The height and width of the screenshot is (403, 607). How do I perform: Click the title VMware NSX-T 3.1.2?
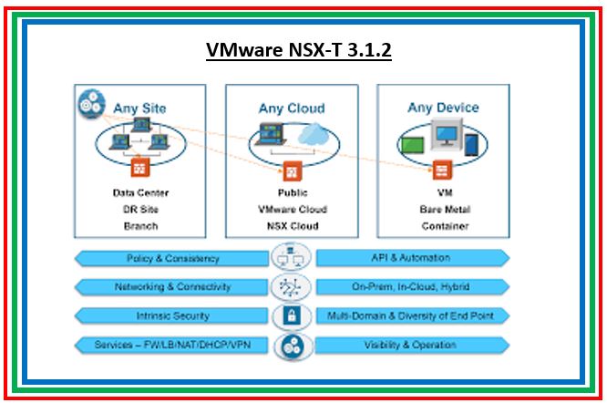tap(299, 51)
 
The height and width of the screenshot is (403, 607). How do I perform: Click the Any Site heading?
tap(140, 108)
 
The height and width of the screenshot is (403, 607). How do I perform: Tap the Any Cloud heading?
tap(292, 108)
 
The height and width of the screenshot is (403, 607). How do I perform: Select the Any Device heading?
tap(443, 108)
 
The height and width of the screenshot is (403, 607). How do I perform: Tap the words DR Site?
tap(140, 210)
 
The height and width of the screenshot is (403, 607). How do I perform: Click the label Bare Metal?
tap(444, 210)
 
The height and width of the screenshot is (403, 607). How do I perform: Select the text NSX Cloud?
tap(292, 226)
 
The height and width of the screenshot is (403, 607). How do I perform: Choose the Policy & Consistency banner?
tap(173, 259)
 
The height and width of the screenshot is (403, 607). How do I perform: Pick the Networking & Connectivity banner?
tap(173, 287)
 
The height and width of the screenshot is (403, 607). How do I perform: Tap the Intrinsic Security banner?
tap(173, 316)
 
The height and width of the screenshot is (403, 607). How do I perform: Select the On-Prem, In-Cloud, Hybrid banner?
tap(410, 287)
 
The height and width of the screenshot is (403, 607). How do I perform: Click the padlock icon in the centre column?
tap(292, 316)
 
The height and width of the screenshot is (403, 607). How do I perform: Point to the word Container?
tap(444, 226)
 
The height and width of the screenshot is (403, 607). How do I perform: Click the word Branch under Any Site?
tap(140, 226)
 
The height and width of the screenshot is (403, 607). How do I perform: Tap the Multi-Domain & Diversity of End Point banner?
tap(410, 316)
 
